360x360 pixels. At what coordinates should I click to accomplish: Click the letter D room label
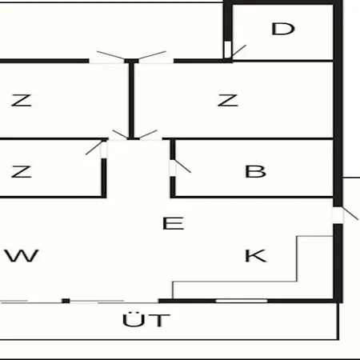[283, 29]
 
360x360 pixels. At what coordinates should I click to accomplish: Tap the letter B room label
[255, 171]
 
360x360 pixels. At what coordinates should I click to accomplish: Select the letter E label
[174, 223]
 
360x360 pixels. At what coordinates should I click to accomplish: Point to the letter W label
[22, 256]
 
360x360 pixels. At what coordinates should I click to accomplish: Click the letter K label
[255, 256]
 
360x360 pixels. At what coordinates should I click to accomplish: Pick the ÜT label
[146, 319]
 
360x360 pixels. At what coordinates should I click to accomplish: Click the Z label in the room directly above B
[227, 100]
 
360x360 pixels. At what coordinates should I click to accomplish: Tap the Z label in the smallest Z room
[22, 171]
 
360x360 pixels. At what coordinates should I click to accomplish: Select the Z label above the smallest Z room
[22, 100]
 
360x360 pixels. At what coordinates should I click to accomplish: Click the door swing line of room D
[238, 51]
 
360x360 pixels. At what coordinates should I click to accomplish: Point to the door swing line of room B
[182, 166]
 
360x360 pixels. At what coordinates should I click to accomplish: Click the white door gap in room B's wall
[173, 168]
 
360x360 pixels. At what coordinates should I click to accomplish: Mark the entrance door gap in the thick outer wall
[338, 215]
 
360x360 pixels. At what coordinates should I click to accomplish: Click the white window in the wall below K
[242, 301]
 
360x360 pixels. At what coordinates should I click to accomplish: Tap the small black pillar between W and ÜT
[66, 301]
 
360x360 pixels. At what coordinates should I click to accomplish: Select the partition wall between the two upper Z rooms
[131, 100]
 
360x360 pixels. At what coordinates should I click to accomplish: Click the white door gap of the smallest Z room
[104, 150]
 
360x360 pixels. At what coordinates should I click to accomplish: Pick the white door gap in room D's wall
[227, 50]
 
